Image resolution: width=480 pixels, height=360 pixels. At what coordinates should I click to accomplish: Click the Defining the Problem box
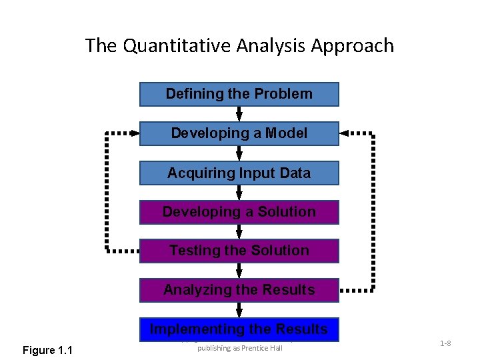(239, 94)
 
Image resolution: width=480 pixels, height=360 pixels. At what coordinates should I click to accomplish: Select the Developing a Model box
(239, 133)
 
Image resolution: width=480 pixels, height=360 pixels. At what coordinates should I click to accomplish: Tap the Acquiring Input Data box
(239, 173)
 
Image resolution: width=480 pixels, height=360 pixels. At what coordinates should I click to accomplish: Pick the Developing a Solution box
(239, 212)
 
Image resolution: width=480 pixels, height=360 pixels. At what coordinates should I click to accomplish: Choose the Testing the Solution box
(239, 251)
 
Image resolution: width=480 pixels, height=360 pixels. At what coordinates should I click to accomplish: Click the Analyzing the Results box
(239, 290)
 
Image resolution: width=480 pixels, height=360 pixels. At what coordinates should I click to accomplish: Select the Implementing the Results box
(239, 329)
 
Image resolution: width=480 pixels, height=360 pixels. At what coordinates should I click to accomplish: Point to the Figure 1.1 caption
(48, 351)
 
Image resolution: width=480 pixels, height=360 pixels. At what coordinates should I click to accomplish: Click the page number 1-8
(445, 343)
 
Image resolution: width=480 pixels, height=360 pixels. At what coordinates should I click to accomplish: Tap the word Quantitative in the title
(176, 46)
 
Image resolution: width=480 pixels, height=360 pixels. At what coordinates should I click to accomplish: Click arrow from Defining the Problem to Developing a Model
(239, 114)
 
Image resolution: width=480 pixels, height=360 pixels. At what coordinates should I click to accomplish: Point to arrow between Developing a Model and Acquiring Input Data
(239, 153)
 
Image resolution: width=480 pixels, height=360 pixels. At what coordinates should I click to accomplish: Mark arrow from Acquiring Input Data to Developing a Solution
(239, 193)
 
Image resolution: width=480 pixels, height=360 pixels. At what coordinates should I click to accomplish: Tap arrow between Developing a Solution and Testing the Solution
(239, 231)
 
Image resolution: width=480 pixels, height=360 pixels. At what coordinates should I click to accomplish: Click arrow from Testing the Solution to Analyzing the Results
(239, 271)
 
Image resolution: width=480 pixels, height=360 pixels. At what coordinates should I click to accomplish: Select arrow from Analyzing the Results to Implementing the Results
(239, 309)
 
